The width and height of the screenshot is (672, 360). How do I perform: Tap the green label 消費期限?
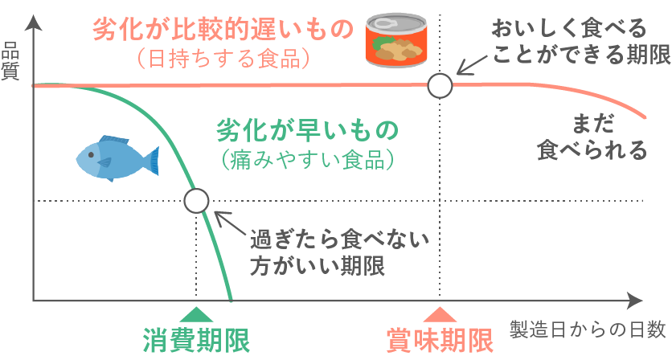196,339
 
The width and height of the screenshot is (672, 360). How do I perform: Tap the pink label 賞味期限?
439,339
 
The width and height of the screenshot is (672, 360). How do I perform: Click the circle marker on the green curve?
196,200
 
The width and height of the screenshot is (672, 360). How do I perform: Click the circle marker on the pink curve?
440,84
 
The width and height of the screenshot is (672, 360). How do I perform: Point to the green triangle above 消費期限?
196,316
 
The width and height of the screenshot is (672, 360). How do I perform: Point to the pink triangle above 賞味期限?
439,316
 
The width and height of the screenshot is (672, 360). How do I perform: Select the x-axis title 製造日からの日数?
588,329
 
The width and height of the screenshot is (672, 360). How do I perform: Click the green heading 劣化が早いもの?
308,130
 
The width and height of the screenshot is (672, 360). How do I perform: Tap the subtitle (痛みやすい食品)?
309,158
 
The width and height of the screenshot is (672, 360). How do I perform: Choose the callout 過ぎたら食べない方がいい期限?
337,252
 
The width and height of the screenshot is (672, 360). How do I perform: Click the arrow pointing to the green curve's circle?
230,223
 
